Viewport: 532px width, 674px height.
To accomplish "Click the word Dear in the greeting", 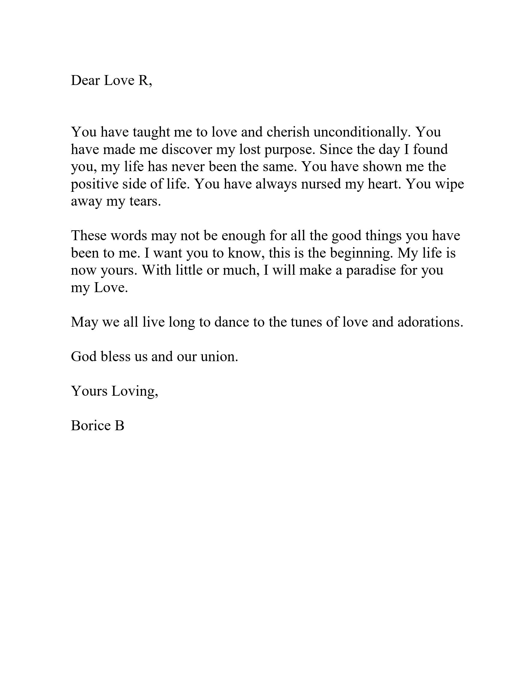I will tap(85, 80).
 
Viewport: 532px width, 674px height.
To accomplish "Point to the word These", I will tap(89, 235).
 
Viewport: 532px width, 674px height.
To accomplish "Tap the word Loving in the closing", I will tap(135, 391).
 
